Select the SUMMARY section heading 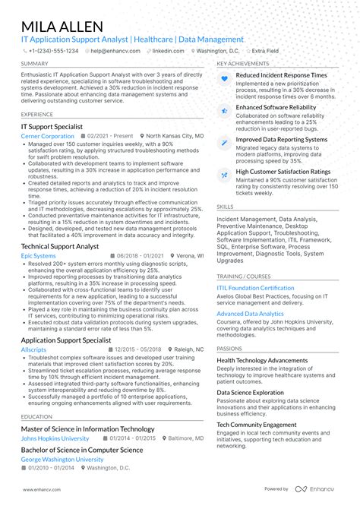[35, 63]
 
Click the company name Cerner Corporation [47, 135]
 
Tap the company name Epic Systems [38, 256]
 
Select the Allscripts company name [33, 349]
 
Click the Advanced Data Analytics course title [250, 313]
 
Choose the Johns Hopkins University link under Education [56, 438]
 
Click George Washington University [62, 460]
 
